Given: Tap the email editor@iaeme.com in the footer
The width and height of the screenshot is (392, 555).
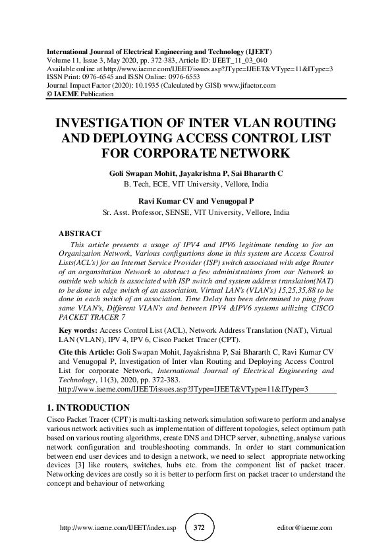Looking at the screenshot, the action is [306, 529].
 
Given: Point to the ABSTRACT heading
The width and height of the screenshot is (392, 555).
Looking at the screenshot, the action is [80, 233].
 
